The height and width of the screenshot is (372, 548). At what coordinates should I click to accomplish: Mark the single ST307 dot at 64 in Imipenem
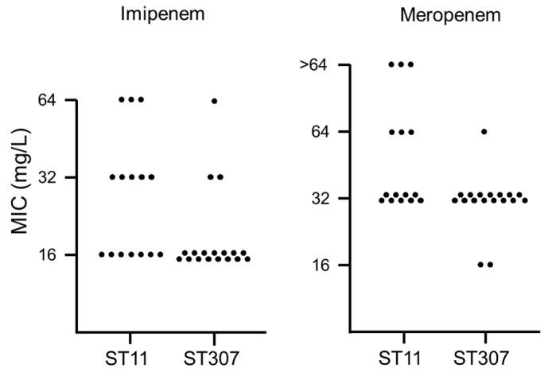215,101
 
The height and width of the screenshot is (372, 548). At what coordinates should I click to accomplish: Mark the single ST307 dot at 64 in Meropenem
484,131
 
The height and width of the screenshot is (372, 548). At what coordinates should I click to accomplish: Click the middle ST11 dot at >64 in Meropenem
401,64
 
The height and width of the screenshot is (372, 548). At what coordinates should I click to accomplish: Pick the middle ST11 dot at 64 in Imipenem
131,99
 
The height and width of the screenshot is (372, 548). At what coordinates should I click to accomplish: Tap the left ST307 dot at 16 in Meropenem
480,265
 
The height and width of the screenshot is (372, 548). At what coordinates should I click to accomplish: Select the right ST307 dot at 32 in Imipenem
220,176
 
